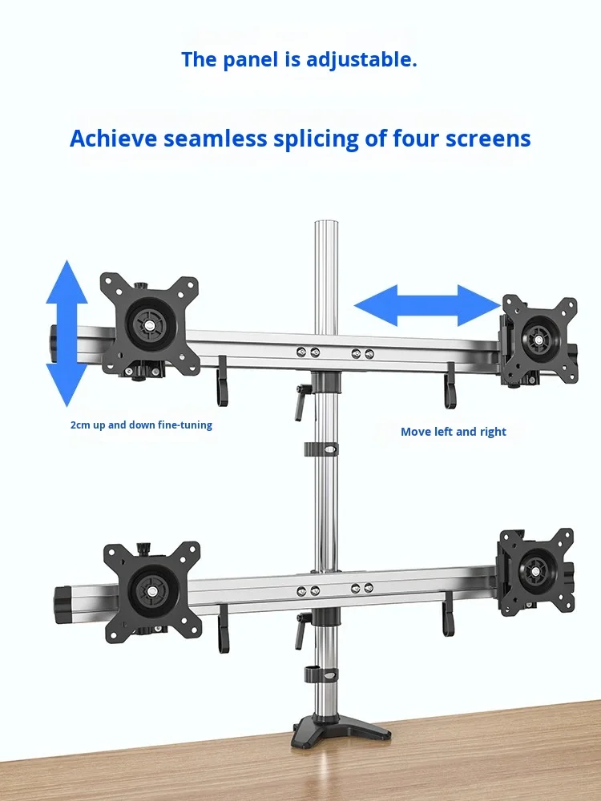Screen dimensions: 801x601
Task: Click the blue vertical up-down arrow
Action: coord(67,333)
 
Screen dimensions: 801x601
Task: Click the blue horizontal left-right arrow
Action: coord(427,305)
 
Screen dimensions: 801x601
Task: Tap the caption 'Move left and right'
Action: coord(454,432)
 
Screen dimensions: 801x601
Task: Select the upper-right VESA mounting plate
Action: coord(538,340)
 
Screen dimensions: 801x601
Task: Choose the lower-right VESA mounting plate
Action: coord(535,571)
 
